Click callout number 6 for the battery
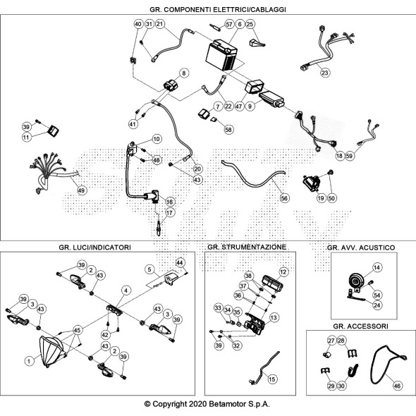[x=240, y=24]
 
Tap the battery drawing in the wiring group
[x=222, y=55]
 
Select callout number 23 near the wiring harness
[x=325, y=73]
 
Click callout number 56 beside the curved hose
[x=284, y=198]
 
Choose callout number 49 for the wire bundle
[x=82, y=190]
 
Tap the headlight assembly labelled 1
[x=51, y=352]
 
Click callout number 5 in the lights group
[x=149, y=269]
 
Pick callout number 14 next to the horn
[x=377, y=267]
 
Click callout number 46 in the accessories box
[x=397, y=386]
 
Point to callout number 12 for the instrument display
[x=283, y=272]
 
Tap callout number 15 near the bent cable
[x=272, y=379]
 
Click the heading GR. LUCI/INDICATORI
[x=95, y=247]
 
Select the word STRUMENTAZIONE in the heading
[x=254, y=247]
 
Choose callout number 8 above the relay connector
[x=184, y=73]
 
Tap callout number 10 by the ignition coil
[x=157, y=139]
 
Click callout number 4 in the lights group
[x=126, y=290]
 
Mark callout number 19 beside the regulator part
[x=321, y=198]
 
